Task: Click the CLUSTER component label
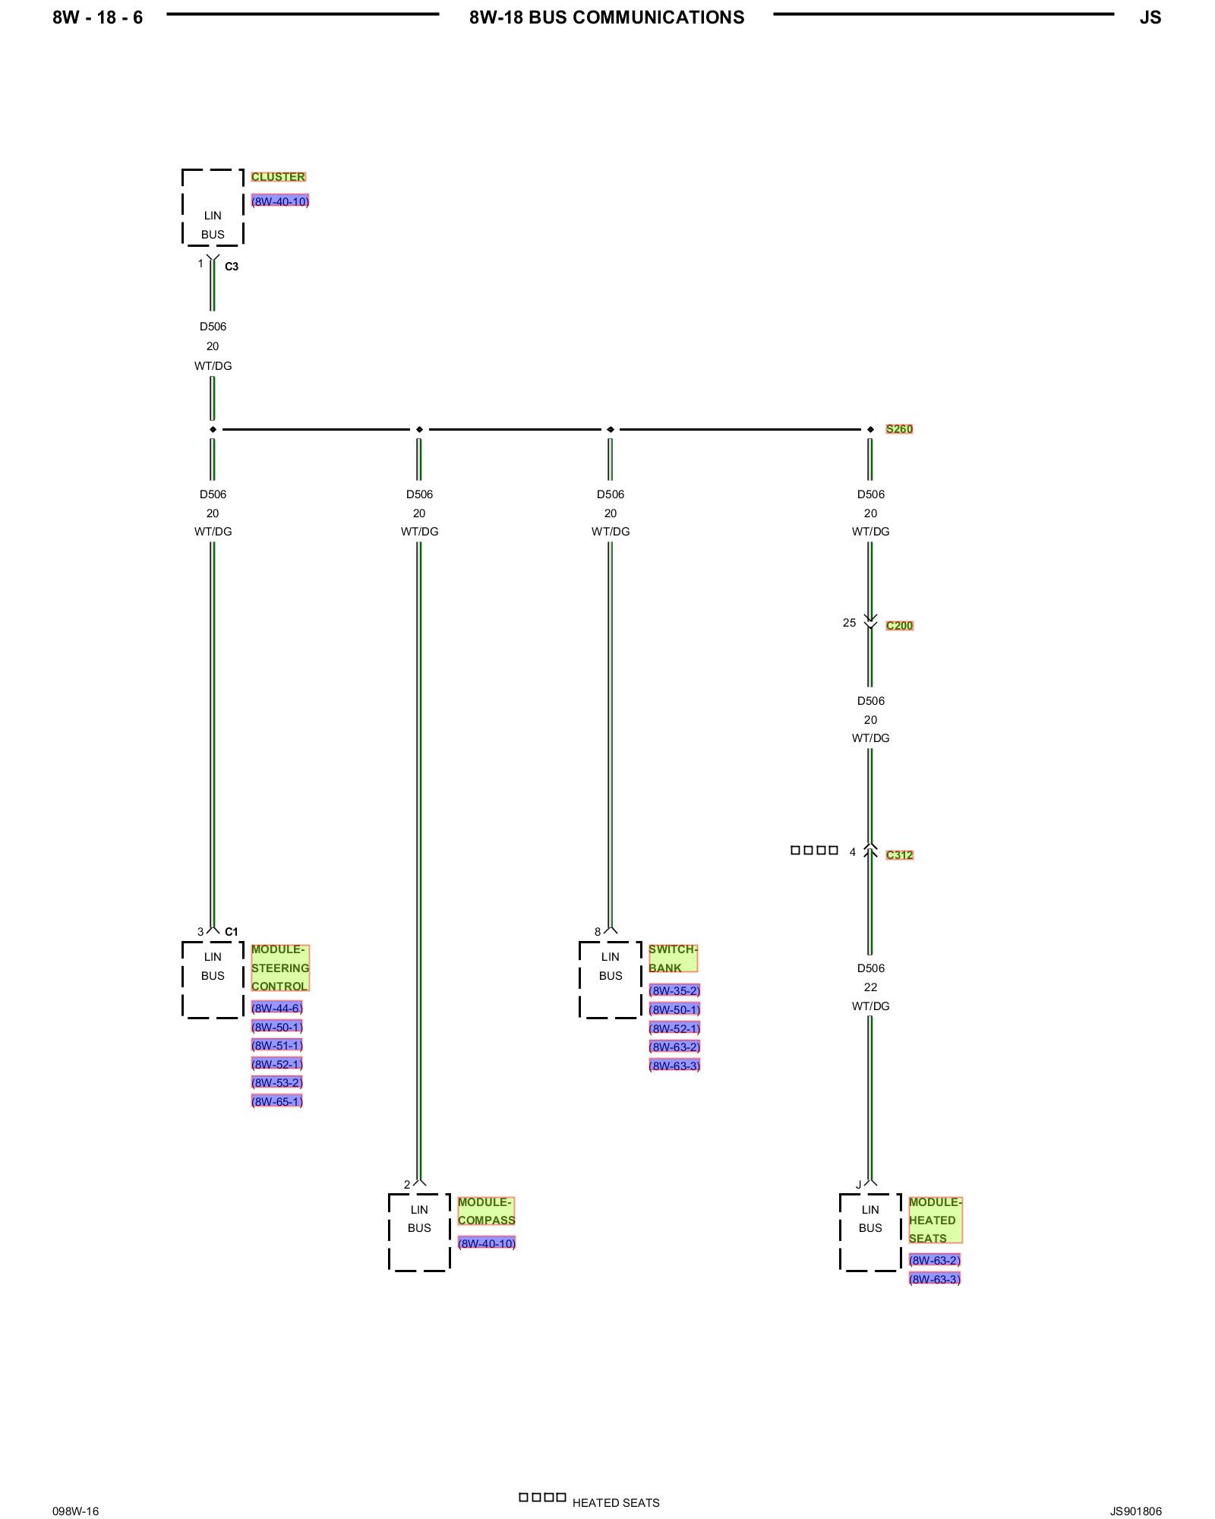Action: click(x=278, y=177)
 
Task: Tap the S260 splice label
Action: click(x=899, y=429)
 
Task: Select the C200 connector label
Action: click(x=899, y=626)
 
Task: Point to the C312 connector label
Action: click(x=899, y=855)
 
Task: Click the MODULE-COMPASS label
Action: click(x=486, y=1211)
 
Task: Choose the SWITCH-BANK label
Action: click(x=672, y=958)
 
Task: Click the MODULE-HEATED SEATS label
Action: click(x=935, y=1221)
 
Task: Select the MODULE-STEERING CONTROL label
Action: click(x=280, y=968)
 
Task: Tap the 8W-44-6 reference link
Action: click(x=277, y=1009)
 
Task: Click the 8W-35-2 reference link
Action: click(x=674, y=990)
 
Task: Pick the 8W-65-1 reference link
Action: click(x=277, y=1102)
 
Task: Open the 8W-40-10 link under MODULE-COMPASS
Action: click(x=487, y=1243)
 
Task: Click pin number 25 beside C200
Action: click(x=849, y=623)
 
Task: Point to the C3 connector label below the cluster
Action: click(x=232, y=267)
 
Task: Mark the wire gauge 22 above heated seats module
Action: click(x=870, y=987)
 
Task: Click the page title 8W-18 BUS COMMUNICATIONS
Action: click(x=607, y=17)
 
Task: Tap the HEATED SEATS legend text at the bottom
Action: click(x=616, y=1503)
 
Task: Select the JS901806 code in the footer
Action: click(x=1135, y=1511)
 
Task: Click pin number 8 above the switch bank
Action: click(x=598, y=932)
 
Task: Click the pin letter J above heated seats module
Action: click(x=859, y=1185)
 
